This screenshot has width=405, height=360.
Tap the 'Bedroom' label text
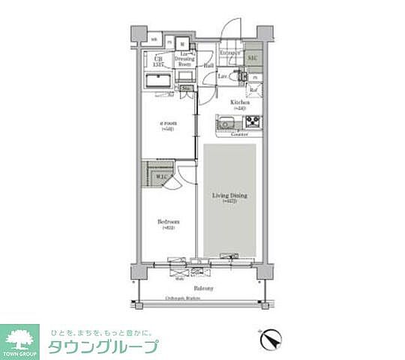tap(167, 222)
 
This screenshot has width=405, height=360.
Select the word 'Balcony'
tap(203, 288)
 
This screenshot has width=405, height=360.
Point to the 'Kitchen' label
tap(239, 102)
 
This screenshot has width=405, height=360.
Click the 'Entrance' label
tap(229, 52)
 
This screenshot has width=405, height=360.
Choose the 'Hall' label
tap(208, 65)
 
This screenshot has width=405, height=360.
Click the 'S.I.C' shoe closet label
tap(253, 58)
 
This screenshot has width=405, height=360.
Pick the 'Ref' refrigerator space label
tap(253, 91)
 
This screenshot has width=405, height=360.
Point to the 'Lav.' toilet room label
tap(223, 76)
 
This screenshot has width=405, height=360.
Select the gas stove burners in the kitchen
tap(250, 121)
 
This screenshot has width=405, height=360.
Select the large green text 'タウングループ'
tap(103, 347)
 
